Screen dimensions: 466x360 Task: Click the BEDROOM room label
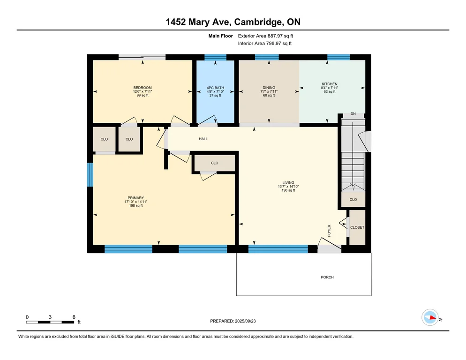click(x=143, y=88)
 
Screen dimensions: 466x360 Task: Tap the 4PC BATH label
click(x=215, y=88)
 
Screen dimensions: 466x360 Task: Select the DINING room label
click(x=269, y=88)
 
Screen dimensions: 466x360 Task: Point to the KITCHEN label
click(x=330, y=84)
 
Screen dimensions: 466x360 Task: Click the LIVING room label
click(x=288, y=183)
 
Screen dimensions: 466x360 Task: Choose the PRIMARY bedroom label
click(x=136, y=198)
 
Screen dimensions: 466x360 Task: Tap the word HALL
click(x=203, y=139)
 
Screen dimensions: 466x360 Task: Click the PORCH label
click(x=327, y=277)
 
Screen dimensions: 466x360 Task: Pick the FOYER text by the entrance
click(x=329, y=231)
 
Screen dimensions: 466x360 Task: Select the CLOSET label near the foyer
click(x=357, y=227)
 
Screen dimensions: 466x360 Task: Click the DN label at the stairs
click(x=353, y=114)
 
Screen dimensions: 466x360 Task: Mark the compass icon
click(x=430, y=317)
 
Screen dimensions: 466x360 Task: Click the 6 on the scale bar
click(x=74, y=317)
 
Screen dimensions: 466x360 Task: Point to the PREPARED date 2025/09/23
click(x=245, y=321)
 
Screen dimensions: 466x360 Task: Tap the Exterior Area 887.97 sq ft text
click(x=265, y=36)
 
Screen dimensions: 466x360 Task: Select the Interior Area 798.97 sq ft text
click(x=265, y=44)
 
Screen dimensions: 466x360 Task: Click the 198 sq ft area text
click(x=136, y=206)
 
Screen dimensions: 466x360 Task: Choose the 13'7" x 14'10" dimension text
click(x=288, y=187)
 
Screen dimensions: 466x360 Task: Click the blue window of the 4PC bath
click(x=216, y=57)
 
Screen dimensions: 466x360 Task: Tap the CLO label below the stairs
click(x=353, y=200)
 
